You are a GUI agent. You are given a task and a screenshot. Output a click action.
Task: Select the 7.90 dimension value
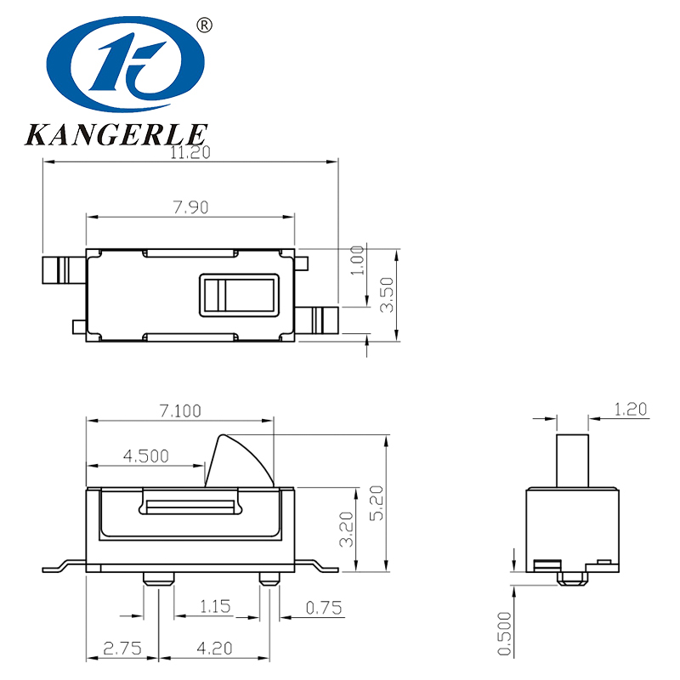click(190, 207)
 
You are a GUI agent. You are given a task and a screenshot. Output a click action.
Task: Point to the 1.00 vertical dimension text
click(358, 259)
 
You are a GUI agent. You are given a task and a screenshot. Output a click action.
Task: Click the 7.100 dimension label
click(180, 411)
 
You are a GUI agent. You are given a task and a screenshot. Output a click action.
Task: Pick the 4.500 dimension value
click(146, 456)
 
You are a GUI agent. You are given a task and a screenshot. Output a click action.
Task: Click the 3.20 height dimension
click(346, 530)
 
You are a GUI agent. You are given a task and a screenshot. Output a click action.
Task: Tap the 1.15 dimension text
click(215, 607)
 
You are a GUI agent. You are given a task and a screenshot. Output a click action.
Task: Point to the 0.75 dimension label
click(322, 607)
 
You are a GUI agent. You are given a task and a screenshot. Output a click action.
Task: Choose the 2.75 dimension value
click(122, 648)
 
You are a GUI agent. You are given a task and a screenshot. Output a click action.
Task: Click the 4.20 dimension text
click(214, 648)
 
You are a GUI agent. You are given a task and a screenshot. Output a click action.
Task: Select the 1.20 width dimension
click(631, 409)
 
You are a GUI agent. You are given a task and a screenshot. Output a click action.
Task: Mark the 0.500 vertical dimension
click(505, 634)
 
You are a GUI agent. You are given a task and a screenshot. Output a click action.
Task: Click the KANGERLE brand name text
click(116, 134)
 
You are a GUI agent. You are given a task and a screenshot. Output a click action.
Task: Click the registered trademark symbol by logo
click(203, 25)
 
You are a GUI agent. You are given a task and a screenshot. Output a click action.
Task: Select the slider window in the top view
click(239, 295)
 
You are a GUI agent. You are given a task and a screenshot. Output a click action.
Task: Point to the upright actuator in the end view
click(572, 460)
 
